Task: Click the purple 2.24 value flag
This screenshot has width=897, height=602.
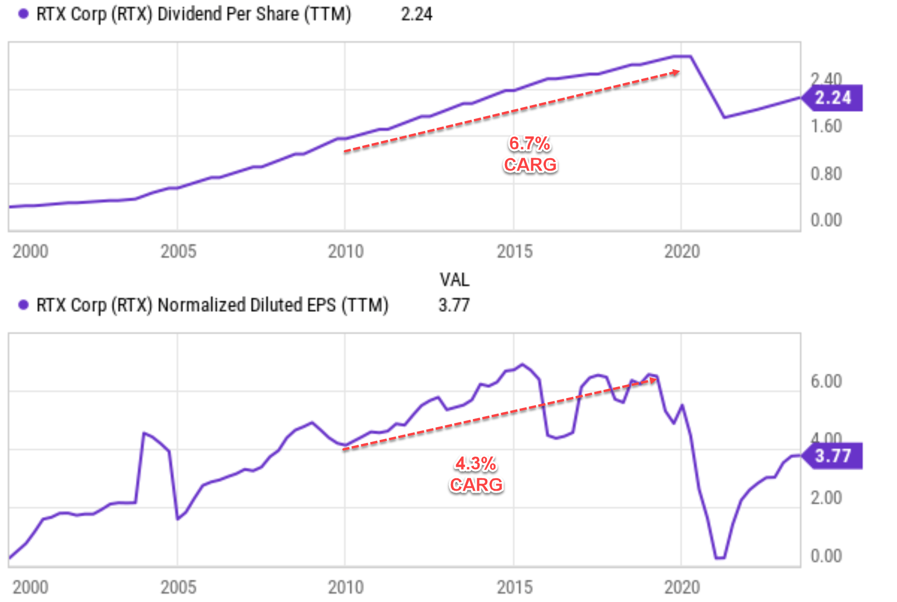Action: [x=833, y=98]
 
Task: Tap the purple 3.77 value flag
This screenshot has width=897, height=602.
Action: [x=833, y=456]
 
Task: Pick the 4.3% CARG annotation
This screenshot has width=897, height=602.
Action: [x=476, y=474]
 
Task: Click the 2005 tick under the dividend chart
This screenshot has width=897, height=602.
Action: [x=178, y=251]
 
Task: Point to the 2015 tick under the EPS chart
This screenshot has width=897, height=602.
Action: [x=514, y=587]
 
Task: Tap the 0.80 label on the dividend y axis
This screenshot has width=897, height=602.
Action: [x=826, y=174]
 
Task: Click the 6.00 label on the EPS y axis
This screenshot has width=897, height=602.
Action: [x=826, y=381]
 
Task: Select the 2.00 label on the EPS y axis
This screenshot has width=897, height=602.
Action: [x=826, y=498]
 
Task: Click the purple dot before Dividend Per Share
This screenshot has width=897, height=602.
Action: [x=23, y=14]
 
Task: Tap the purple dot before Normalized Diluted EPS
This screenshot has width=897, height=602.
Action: [x=23, y=305]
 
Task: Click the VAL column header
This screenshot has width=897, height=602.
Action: [x=454, y=279]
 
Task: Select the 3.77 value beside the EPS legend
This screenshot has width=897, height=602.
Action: [x=454, y=305]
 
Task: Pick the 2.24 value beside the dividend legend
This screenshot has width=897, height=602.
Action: [x=416, y=14]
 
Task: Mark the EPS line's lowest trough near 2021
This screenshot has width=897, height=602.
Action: [x=720, y=557]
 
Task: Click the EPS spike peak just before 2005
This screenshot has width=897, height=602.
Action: [x=144, y=433]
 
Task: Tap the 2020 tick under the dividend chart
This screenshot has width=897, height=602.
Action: [x=682, y=251]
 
